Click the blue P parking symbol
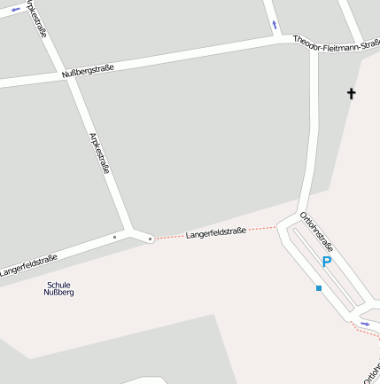326,262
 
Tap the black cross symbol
351,93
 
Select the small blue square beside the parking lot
319,288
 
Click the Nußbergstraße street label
88,70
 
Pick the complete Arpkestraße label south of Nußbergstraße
100,153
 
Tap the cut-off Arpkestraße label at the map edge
38,18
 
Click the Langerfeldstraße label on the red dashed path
215,233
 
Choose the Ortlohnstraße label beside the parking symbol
316,231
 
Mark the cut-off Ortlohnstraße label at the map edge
371,369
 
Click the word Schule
58,285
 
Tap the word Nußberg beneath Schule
58,293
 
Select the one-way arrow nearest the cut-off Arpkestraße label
15,10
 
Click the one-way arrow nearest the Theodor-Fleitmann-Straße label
275,24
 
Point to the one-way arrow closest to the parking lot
364,324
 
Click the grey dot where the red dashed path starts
151,239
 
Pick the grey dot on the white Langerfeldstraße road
114,238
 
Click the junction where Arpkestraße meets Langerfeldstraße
133,232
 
